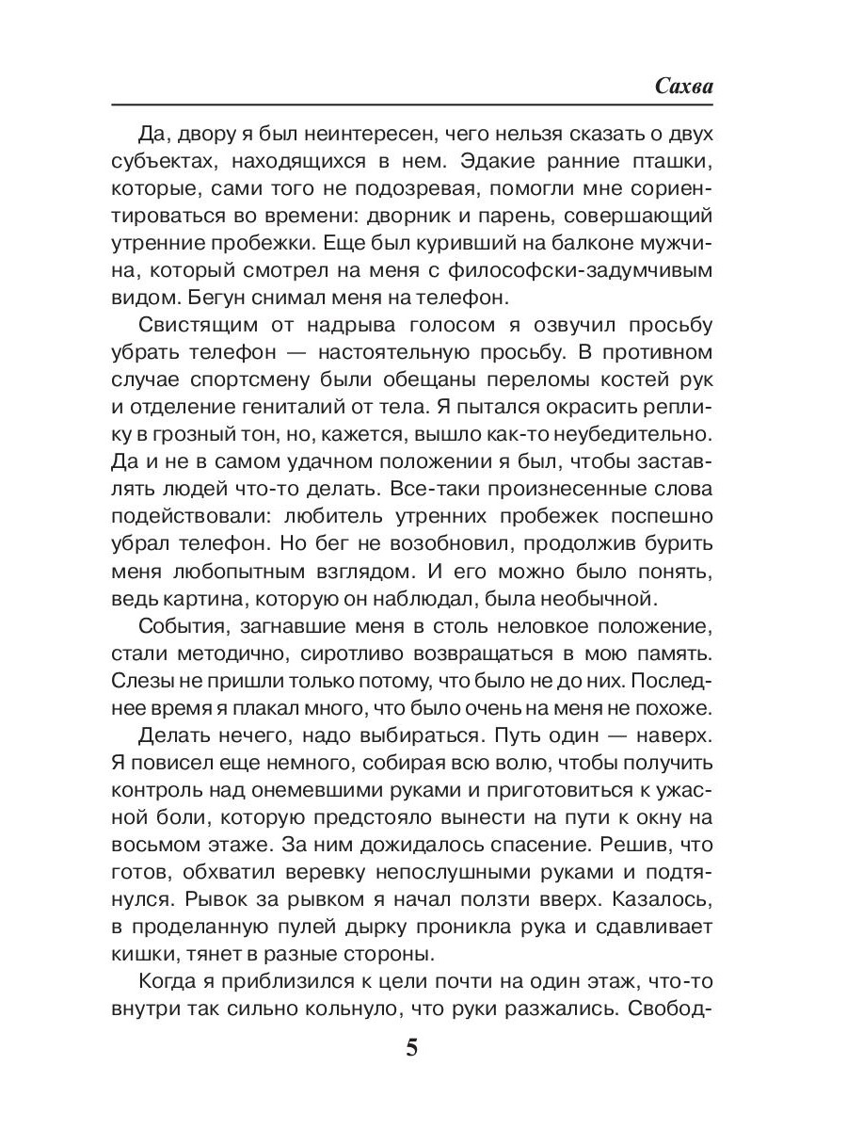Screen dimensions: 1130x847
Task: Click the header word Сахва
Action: click(684, 85)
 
